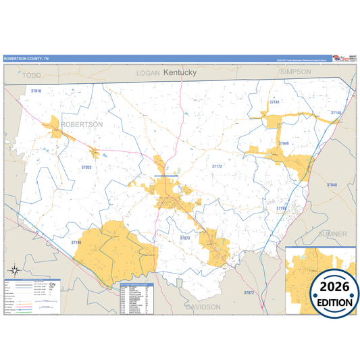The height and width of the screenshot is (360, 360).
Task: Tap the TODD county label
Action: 32,76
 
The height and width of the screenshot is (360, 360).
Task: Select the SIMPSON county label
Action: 294,71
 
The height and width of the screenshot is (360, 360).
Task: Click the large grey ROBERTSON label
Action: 82,125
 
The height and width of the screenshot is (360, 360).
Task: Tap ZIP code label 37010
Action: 36,91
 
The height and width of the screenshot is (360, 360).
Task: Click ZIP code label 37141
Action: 274,102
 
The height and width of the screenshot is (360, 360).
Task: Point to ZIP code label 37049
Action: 283,143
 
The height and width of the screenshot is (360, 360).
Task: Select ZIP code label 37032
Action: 86,167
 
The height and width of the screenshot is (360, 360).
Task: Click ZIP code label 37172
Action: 217,166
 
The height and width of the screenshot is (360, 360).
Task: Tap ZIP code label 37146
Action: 76,242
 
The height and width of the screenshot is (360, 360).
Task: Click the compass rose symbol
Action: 14,271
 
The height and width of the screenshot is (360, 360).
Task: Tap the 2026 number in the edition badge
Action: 334,284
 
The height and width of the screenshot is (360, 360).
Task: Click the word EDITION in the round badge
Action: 334,301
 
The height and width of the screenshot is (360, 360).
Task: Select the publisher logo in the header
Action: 341,58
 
